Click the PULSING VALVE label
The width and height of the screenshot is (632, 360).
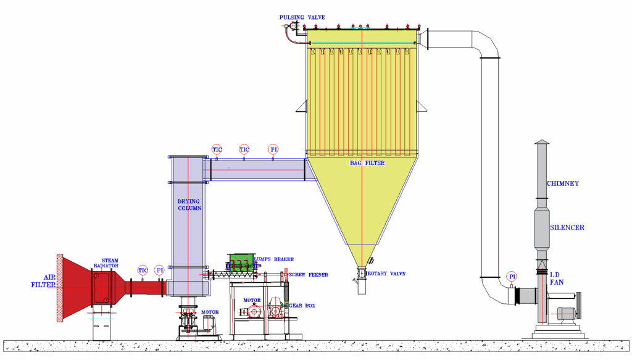(302, 17)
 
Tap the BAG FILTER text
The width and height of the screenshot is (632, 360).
(367, 163)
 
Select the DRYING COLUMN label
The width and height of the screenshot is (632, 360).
(189, 205)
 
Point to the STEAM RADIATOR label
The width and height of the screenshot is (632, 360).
(107, 263)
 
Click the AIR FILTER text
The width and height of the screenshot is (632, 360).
(44, 281)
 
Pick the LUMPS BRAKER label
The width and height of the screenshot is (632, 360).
(273, 259)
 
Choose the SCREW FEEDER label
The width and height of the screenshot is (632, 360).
(309, 275)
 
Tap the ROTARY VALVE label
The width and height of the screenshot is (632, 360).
(386, 274)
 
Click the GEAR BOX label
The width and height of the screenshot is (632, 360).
(302, 306)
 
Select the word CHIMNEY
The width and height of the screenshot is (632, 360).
(563, 183)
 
